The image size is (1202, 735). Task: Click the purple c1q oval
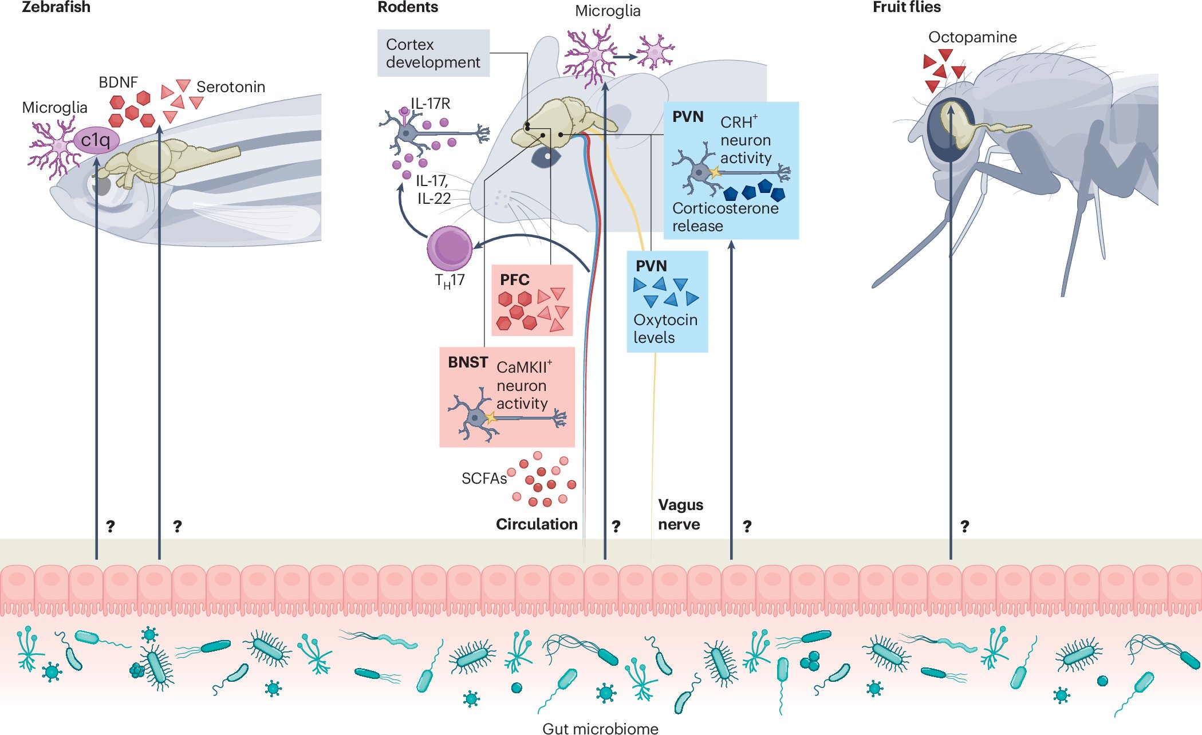96,140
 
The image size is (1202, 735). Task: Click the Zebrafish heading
56,7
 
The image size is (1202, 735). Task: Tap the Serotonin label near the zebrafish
230,87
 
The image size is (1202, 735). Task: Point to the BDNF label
118,82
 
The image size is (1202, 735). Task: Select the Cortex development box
433,53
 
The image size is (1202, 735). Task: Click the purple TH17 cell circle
450,248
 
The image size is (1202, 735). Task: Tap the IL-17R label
431,104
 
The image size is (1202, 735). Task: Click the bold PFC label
514,280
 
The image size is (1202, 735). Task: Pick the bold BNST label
467,362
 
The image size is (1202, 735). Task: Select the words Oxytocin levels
665,329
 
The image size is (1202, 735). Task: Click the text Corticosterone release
724,217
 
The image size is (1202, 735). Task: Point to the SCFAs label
484,479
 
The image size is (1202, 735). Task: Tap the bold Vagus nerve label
680,515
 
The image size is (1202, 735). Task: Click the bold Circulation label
536,524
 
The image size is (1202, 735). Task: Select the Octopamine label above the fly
972,37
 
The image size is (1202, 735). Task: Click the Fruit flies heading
906,7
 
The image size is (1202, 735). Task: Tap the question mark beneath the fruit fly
964,526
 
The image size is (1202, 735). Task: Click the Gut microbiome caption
600,728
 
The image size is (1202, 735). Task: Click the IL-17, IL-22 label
433,190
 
